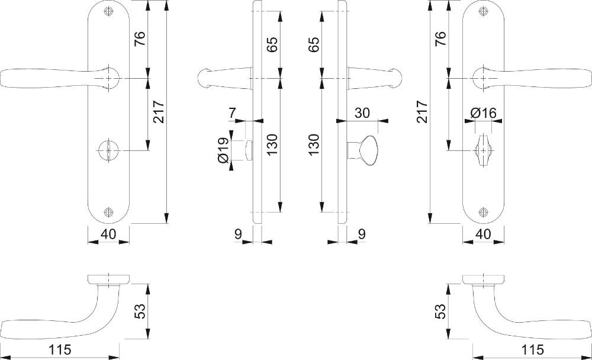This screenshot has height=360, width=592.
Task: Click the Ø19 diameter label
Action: tap(223, 150)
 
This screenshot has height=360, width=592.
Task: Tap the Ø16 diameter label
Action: tap(483, 112)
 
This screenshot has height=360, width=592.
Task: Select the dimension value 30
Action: tap(362, 112)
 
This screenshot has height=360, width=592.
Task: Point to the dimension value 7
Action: tap(232, 112)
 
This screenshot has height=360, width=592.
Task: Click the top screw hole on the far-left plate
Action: tap(109, 11)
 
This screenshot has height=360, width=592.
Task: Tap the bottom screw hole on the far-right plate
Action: tap(483, 212)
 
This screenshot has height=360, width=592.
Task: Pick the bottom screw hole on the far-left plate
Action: tap(109, 212)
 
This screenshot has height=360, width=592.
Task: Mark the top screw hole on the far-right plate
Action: tap(483, 11)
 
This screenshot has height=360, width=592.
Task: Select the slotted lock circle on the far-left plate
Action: tap(109, 150)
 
